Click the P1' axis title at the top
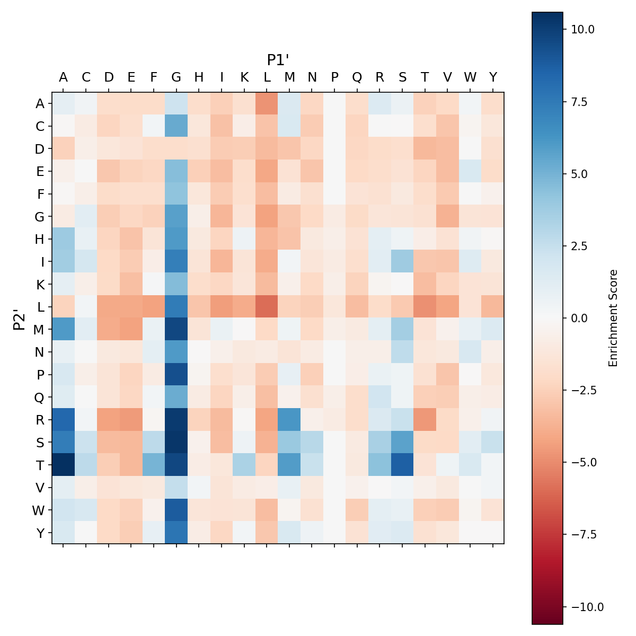(x=278, y=60)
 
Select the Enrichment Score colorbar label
(x=613, y=318)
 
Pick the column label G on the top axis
(x=176, y=77)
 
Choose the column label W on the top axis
(x=470, y=77)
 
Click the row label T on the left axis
(x=40, y=465)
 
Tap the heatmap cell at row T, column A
(x=63, y=465)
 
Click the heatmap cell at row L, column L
(x=267, y=307)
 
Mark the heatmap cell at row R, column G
(x=176, y=420)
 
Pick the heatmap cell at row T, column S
(x=402, y=465)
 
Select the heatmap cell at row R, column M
(x=289, y=420)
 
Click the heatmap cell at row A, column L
(x=267, y=103)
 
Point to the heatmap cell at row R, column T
(x=425, y=420)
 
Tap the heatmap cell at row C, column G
(x=176, y=126)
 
